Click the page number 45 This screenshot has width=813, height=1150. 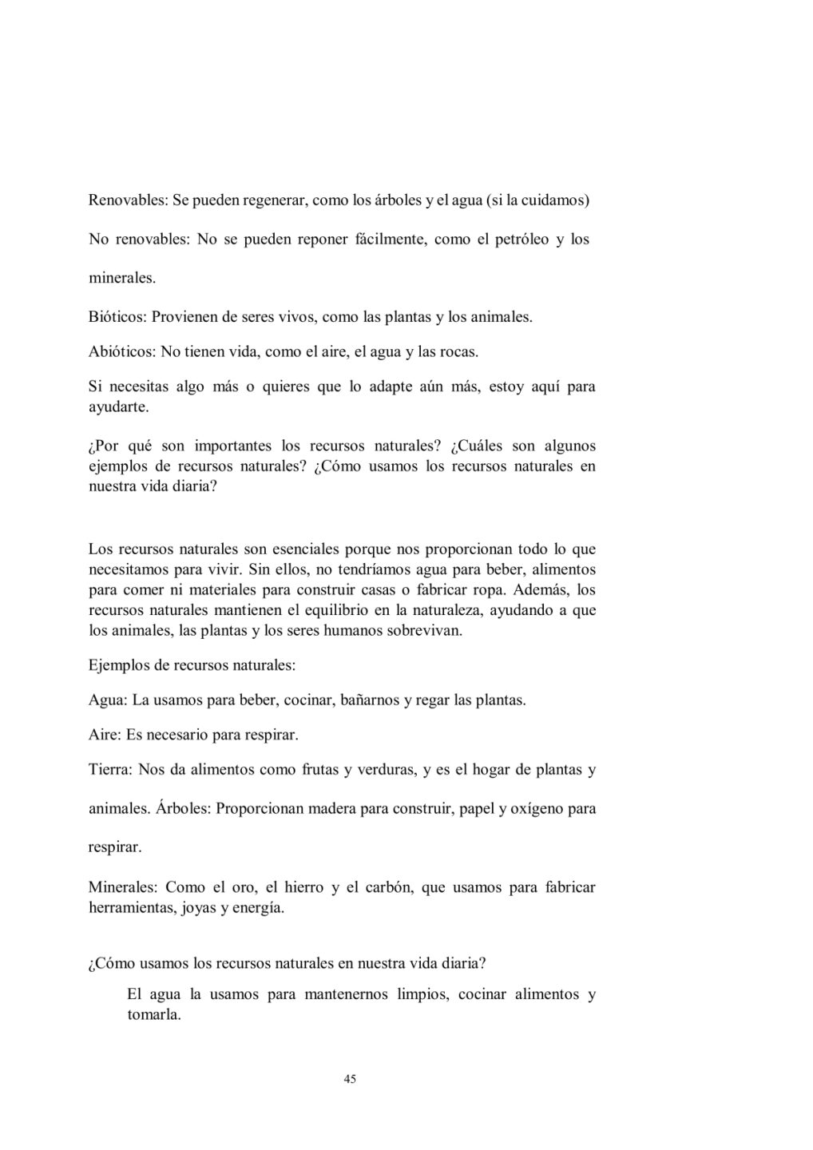350,1079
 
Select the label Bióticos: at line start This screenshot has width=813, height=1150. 117,317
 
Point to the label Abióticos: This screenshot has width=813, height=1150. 122,351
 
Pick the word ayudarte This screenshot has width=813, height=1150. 118,407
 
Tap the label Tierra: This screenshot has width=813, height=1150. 110,770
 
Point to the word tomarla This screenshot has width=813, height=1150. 154,1016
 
